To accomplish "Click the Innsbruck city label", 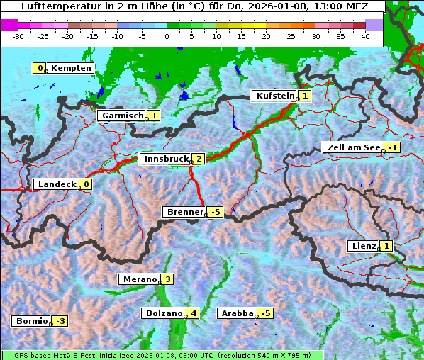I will click(165, 159).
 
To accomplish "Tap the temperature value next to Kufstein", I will click(305, 96).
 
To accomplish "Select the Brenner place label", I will click(184, 212).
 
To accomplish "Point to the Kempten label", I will click(71, 68).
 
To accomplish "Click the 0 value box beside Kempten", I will click(40, 68).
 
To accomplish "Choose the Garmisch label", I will click(122, 116).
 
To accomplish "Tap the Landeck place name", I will click(56, 184).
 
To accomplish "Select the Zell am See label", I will click(352, 147).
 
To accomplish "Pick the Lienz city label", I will click(363, 246).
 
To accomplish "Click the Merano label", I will click(139, 279).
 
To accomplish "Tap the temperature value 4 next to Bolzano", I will click(194, 313).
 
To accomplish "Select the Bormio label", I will click(31, 321).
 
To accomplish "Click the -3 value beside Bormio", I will click(60, 321).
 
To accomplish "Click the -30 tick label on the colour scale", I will click(18, 35).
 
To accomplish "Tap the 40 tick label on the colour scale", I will click(365, 35).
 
